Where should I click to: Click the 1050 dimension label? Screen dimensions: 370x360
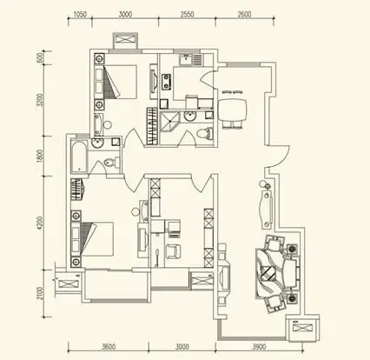tap(80, 14)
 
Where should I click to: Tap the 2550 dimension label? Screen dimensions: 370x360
tap(187, 14)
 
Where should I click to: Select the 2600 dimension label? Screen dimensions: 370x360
tap(244, 14)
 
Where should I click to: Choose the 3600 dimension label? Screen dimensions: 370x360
tap(109, 346)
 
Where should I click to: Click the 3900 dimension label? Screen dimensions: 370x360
tap(259, 346)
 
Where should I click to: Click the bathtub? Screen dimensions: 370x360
tap(79, 157)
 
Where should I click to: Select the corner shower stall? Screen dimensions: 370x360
tap(170, 122)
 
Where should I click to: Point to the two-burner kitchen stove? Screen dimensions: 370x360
tap(166, 82)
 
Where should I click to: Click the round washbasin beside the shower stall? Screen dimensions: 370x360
tap(190, 117)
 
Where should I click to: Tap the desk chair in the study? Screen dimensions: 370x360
tap(173, 251)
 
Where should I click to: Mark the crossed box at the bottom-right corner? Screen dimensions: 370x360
tap(302, 329)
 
